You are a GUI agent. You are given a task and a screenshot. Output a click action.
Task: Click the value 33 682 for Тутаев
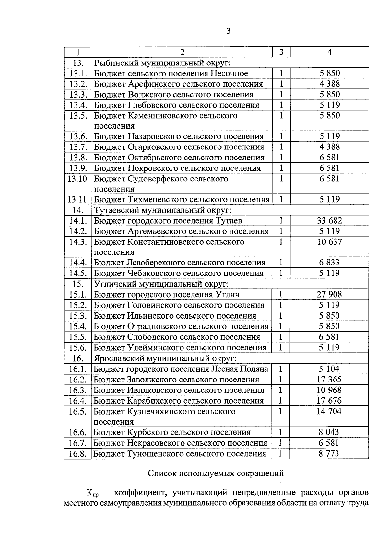[x=329, y=221]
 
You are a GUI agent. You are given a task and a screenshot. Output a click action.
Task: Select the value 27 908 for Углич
[x=329, y=294]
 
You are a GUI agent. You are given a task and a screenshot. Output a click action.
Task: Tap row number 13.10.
[x=78, y=179]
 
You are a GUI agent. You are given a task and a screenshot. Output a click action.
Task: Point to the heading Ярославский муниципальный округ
[x=165, y=358]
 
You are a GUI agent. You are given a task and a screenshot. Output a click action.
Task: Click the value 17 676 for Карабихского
[x=329, y=401]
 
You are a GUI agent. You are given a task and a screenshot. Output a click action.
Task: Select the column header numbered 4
[x=329, y=52]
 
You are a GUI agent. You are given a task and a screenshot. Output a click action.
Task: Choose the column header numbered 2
[x=182, y=52]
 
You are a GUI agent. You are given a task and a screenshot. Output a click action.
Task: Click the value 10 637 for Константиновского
[x=329, y=242]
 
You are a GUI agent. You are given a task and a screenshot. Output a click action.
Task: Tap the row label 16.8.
[x=78, y=454]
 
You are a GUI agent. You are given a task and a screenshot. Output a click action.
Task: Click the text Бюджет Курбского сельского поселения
[x=172, y=432]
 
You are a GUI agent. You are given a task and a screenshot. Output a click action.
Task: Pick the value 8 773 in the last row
[x=329, y=454]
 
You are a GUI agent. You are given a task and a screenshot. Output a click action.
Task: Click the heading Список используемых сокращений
[x=216, y=474]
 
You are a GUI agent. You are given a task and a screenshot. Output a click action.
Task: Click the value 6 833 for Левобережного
[x=329, y=263]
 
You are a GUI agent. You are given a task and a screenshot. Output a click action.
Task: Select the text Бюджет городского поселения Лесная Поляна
[x=181, y=369]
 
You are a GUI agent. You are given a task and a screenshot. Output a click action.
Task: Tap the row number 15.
[x=78, y=284]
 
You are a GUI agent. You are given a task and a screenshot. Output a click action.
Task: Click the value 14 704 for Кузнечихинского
[x=329, y=411]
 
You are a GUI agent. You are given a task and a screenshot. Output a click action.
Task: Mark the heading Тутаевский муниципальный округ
[x=163, y=210]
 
